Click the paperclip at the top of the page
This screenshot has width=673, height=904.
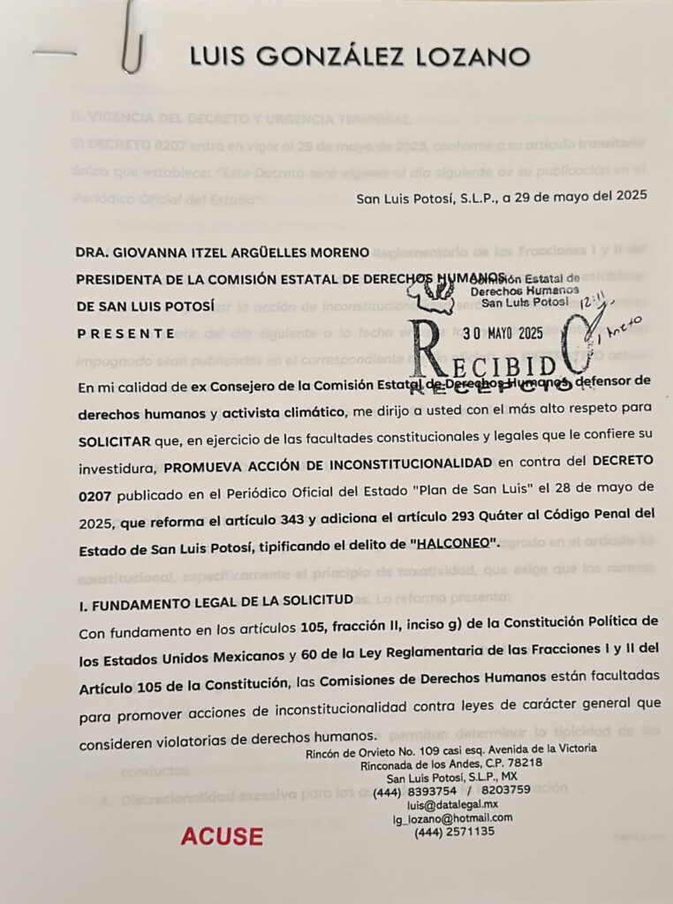pyautogui.click(x=132, y=40)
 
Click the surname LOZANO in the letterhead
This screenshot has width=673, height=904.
pyautogui.click(x=470, y=57)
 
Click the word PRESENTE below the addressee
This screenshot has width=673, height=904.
pyautogui.click(x=125, y=334)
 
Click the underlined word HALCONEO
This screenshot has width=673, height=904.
pyautogui.click(x=451, y=544)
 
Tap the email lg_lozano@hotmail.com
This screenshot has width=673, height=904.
pyautogui.click(x=453, y=817)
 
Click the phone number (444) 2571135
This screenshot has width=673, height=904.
pyautogui.click(x=454, y=832)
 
